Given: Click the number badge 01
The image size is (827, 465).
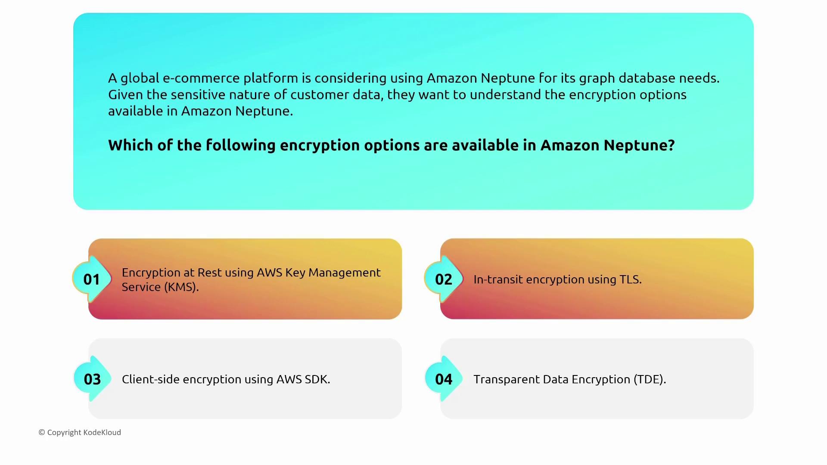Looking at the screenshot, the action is (92, 279).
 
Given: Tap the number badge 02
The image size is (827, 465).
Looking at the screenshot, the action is (444, 279).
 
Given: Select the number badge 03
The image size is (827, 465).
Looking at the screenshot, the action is (92, 379).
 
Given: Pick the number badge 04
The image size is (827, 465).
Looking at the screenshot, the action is (444, 379).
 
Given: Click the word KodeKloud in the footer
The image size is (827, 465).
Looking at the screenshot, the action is (102, 432).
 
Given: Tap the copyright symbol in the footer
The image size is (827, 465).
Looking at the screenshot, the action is (42, 432).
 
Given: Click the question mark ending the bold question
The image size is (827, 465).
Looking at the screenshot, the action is (671, 145).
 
